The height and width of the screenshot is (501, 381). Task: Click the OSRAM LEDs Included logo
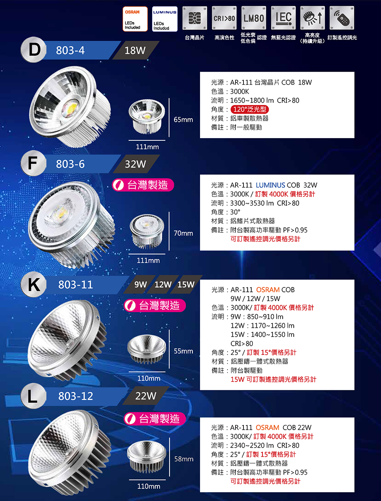pos(135,19)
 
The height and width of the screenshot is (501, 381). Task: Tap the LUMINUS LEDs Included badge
pos(165,19)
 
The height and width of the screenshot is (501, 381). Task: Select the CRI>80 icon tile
pos(224,18)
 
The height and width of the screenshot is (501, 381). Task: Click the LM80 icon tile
pos(254,18)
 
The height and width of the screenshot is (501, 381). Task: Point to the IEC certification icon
pos(283,18)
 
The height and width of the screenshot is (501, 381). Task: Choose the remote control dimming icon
pos(342,18)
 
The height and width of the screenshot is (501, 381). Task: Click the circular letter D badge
pos(34,50)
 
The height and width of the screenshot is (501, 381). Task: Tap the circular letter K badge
pos(34,284)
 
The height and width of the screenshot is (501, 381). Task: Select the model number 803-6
pos(70,164)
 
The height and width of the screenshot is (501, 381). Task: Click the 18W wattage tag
pos(135,50)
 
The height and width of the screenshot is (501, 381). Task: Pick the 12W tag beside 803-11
pos(163,285)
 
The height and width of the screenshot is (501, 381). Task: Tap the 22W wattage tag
pos(146,396)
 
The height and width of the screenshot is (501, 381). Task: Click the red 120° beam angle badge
pos(250,110)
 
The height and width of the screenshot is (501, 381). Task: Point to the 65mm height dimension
pos(183,119)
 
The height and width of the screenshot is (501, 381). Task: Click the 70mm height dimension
pos(183,233)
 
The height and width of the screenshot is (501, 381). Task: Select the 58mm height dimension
pos(184,459)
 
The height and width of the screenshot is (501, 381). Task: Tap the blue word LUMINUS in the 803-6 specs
pos(271,185)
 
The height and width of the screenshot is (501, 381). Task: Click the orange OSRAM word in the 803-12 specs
pos(267,427)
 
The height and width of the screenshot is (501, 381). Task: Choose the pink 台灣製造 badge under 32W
pos(143,185)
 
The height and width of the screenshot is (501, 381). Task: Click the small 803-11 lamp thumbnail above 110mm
pos(147,350)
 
